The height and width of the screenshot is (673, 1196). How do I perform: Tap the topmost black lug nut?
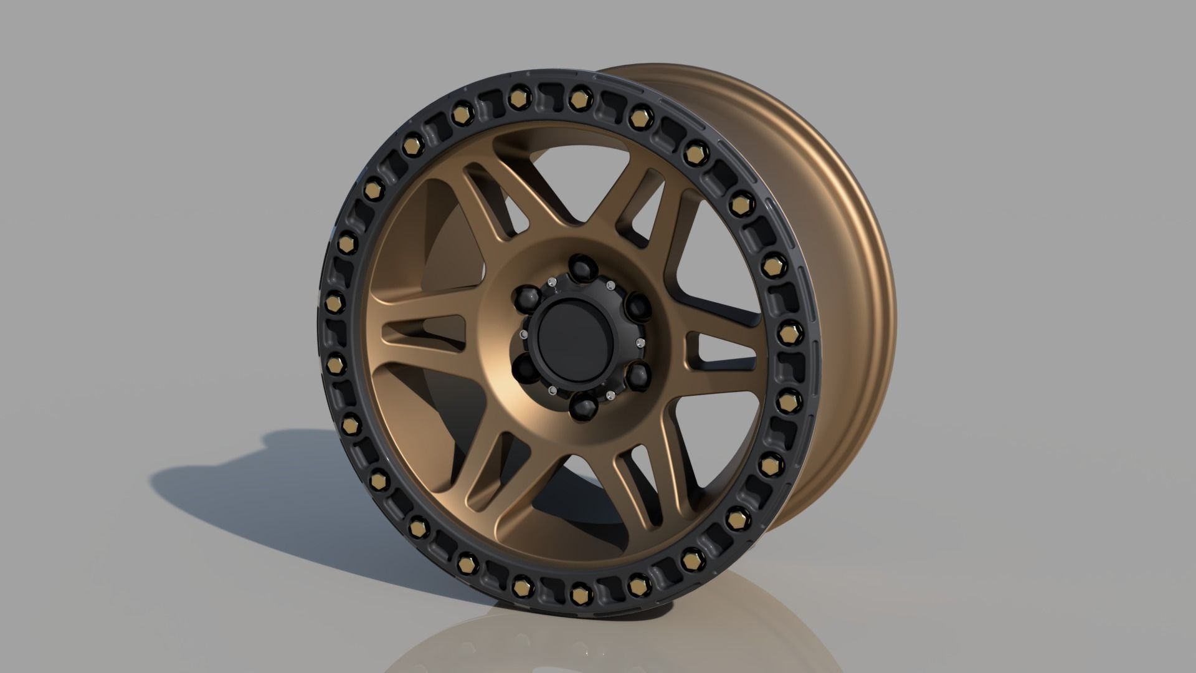pyautogui.click(x=583, y=267)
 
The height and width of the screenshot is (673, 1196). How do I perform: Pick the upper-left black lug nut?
pyautogui.click(x=529, y=295)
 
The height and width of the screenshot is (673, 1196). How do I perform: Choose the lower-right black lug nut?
pyautogui.click(x=637, y=375)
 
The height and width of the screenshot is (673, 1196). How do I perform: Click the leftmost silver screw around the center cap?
pyautogui.click(x=523, y=336)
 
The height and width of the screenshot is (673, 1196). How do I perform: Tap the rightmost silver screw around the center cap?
pyautogui.click(x=640, y=343)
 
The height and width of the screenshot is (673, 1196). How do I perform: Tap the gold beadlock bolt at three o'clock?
pyautogui.click(x=788, y=328)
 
